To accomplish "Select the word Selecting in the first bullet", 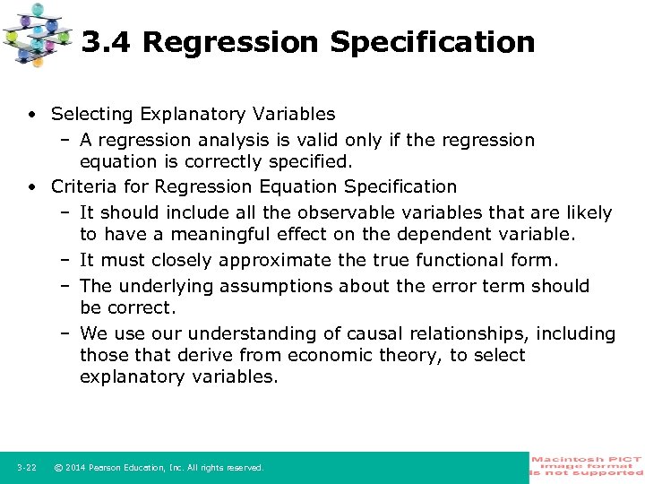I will click(x=88, y=114).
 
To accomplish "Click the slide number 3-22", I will click(x=26, y=468).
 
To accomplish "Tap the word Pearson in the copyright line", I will click(x=110, y=468).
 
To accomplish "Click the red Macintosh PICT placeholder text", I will click(x=587, y=466).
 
